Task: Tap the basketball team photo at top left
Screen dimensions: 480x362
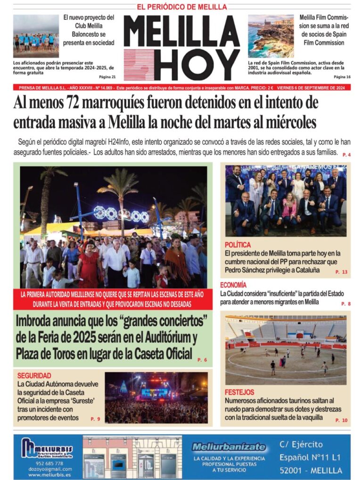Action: (x=36, y=36)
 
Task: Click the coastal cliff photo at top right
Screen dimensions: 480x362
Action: (x=271, y=36)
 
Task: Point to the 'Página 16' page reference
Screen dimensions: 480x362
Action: (x=342, y=77)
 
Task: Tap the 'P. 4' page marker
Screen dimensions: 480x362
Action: (x=346, y=155)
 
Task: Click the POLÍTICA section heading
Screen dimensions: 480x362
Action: (x=238, y=245)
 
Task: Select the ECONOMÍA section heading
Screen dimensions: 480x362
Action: (x=233, y=285)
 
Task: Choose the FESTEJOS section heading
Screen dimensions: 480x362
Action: (x=239, y=392)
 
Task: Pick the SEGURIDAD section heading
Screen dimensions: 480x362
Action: (x=34, y=376)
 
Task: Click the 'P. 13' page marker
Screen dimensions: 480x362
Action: (x=341, y=272)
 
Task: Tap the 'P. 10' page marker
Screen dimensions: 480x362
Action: (x=341, y=420)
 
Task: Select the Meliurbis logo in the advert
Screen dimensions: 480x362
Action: (x=47, y=448)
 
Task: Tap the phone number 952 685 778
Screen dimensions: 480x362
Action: (x=47, y=463)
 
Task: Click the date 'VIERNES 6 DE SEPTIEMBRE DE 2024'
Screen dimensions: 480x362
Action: (x=311, y=87)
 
